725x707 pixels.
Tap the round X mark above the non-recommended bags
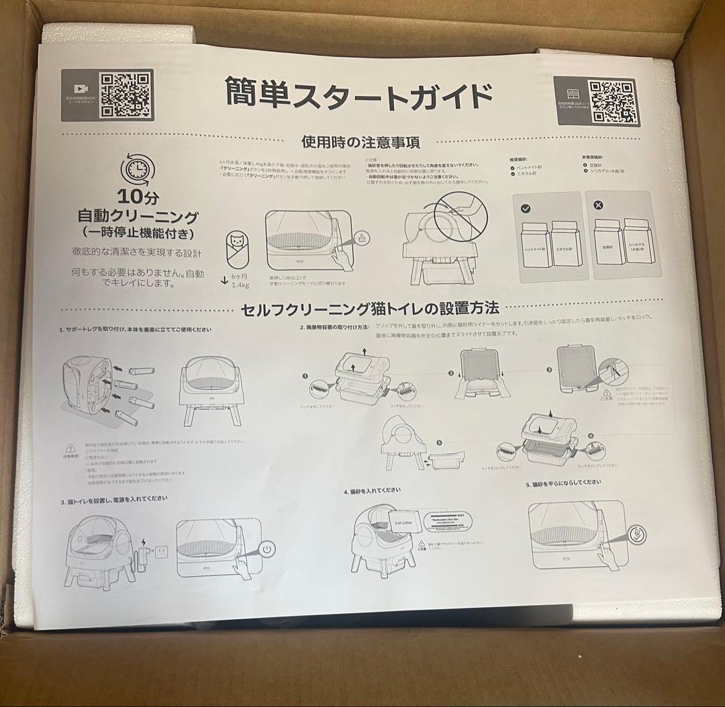click(599, 205)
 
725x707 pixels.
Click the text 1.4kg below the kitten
click(241, 285)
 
